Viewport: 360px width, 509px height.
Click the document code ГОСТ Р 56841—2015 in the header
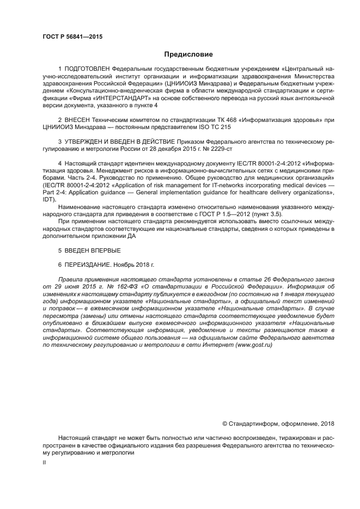[x=72, y=37]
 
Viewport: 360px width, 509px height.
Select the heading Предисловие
[x=188, y=54]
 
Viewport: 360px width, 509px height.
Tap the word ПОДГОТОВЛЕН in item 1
[x=87, y=70]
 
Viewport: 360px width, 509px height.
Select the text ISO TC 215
[x=216, y=127]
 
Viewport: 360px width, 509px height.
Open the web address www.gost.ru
[x=253, y=345]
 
